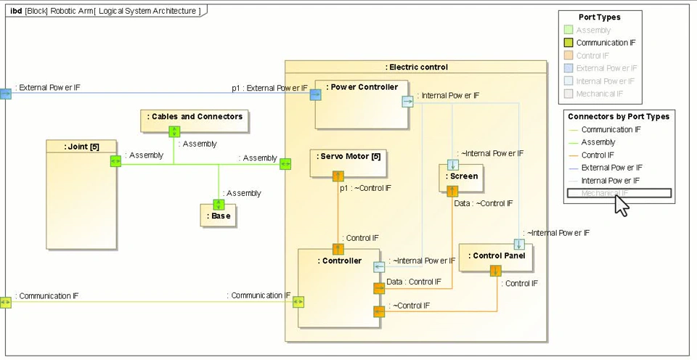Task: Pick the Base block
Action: point(219,216)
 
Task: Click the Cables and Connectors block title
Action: point(195,116)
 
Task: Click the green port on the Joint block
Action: point(115,162)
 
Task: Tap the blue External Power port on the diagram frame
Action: point(5,94)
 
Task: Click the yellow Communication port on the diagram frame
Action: point(5,302)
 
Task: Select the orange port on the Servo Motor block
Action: point(338,176)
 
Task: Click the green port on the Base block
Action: point(219,205)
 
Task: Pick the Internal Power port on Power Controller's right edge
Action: point(407,102)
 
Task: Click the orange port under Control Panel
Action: point(495,271)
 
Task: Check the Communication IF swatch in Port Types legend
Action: point(568,43)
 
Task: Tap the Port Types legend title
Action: point(599,17)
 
